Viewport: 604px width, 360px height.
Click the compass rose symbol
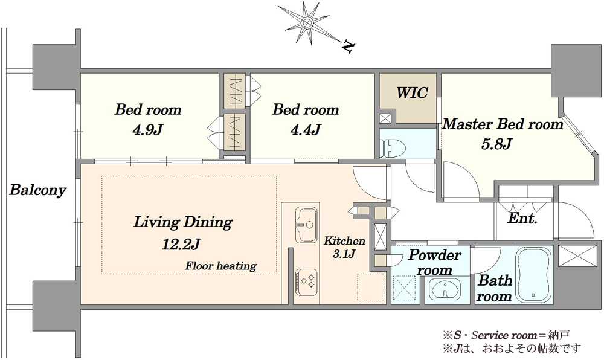tap(307, 22)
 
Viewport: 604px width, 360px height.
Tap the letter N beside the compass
tap(349, 47)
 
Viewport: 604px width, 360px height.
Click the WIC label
tap(412, 93)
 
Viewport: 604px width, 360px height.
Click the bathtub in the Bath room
tap(533, 275)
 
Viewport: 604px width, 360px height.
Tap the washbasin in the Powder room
tap(445, 289)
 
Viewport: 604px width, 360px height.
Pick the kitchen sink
tap(307, 225)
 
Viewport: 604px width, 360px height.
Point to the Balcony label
tap(37, 190)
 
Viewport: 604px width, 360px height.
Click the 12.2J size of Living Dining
tap(181, 243)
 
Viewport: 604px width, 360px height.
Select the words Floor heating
tap(220, 266)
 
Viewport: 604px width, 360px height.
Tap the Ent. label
tap(522, 219)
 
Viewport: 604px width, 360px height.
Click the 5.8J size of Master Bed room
tap(496, 144)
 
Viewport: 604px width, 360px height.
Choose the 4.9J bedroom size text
tap(147, 130)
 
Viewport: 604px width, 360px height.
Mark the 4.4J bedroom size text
tap(306, 130)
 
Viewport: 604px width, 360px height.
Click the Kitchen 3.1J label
tap(344, 247)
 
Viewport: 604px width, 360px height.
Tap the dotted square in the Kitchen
tap(371, 287)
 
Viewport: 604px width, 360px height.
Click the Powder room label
tap(434, 262)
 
